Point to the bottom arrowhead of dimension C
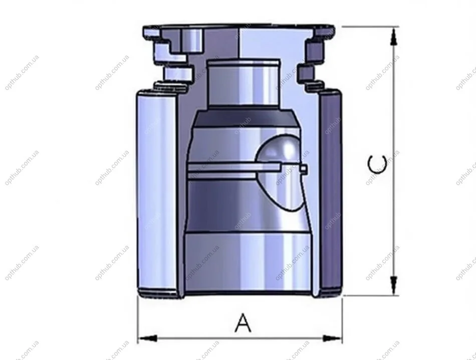coord(394,285)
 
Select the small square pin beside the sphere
coord(304,170)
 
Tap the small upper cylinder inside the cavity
coord(243,84)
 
